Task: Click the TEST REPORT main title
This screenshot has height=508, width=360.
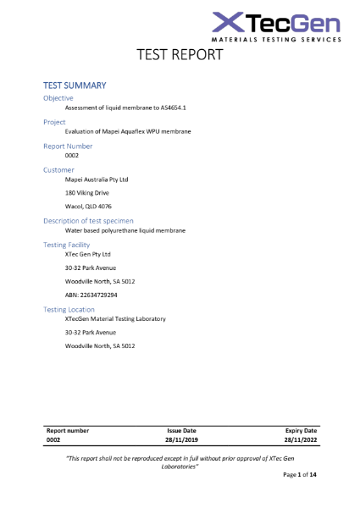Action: pyautogui.click(x=180, y=55)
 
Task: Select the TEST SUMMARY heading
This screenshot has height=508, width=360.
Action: pyautogui.click(x=75, y=86)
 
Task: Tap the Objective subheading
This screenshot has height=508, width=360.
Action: pyautogui.click(x=58, y=98)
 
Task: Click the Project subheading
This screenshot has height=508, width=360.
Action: pyautogui.click(x=54, y=122)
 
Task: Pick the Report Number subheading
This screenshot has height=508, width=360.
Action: pyautogui.click(x=68, y=146)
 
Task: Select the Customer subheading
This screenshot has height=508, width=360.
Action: pyautogui.click(x=58, y=169)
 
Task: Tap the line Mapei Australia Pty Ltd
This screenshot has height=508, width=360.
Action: pyautogui.click(x=96, y=179)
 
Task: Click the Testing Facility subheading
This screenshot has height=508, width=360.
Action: pyautogui.click(x=67, y=245)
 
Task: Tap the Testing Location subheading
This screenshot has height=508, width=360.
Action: pyautogui.click(x=69, y=310)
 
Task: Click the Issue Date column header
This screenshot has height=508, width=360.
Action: pyautogui.click(x=181, y=430)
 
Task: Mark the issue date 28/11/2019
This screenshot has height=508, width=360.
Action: pyautogui.click(x=181, y=440)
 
